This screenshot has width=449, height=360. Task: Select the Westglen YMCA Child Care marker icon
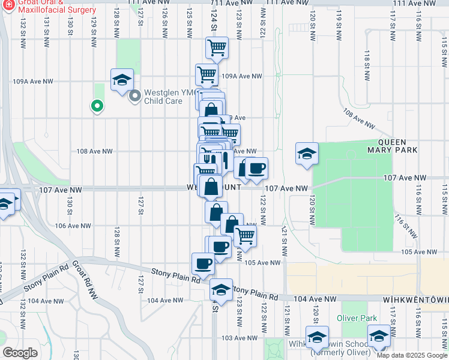[135, 95]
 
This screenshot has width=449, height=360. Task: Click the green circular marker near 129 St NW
[96, 107]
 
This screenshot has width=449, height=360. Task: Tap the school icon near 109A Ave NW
[122, 80]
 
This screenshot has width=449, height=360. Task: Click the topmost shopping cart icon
[217, 47]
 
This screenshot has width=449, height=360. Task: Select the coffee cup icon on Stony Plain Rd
[203, 263]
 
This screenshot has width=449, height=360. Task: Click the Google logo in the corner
[20, 353]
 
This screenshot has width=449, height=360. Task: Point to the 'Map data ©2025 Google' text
[411, 355]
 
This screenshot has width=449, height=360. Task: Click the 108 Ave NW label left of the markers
[95, 151]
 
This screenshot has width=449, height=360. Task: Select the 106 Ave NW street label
[73, 226]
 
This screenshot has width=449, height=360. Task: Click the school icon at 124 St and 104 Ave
[221, 290]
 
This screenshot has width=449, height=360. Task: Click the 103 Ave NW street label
[236, 338]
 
